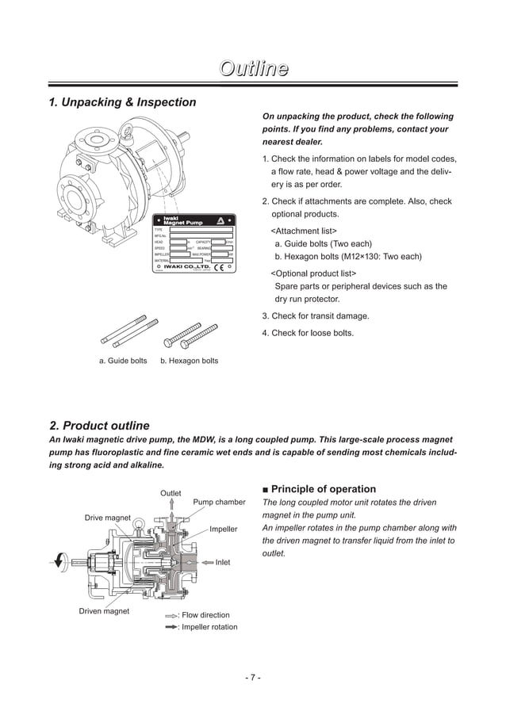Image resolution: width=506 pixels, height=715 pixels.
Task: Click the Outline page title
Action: [x=253, y=69]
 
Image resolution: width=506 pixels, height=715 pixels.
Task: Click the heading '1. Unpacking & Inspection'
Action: [x=122, y=102]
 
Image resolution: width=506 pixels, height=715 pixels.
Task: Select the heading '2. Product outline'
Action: [x=99, y=426]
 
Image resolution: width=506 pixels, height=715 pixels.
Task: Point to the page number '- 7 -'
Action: [x=252, y=677]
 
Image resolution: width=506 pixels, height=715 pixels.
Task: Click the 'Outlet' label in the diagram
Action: [x=171, y=493]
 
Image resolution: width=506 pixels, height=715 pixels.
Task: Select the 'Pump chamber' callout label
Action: [x=219, y=502]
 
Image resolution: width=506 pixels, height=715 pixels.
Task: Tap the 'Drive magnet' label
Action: [x=108, y=518]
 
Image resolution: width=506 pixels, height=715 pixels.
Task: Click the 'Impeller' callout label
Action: [x=224, y=529]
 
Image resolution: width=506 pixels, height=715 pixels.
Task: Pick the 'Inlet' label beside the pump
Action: [x=223, y=562]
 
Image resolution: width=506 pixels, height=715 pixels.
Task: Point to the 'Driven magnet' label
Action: [x=104, y=611]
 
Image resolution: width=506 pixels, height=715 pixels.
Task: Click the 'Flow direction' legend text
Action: [x=205, y=615]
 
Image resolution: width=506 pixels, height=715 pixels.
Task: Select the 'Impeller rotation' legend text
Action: [x=209, y=627]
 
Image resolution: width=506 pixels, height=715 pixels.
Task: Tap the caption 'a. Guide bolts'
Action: [x=123, y=361]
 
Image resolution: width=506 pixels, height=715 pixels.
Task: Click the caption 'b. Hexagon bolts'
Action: [x=189, y=361]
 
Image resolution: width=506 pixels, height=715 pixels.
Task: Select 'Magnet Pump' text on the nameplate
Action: [x=182, y=223]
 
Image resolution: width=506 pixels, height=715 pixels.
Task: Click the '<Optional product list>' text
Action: [x=314, y=273]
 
